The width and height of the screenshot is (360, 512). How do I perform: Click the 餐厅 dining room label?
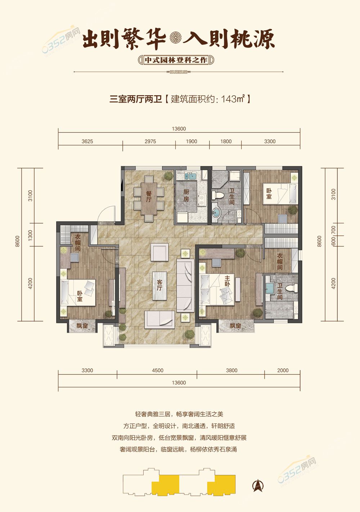[149, 197]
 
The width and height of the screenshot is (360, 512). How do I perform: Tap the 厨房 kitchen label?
[186, 196]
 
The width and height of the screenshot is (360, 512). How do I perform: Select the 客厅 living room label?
[159, 285]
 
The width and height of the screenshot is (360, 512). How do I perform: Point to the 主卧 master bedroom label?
[227, 281]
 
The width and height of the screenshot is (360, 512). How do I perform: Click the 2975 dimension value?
[150, 141]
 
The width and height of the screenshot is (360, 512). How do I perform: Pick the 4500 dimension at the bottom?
[158, 370]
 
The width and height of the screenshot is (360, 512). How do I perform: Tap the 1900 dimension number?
[192, 141]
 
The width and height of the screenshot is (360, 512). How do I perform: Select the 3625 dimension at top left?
[87, 141]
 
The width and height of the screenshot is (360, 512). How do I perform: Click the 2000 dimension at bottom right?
[283, 370]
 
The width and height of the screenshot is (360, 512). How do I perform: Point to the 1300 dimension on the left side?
[30, 235]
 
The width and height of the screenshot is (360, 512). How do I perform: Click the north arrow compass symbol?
[258, 485]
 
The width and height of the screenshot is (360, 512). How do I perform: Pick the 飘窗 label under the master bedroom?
[235, 325]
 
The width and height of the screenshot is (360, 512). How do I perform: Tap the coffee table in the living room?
[159, 286]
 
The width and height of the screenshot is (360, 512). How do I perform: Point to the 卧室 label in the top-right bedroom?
[269, 193]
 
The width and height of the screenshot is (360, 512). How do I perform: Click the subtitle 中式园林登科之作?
[176, 60]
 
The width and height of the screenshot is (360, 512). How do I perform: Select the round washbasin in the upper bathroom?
[216, 212]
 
